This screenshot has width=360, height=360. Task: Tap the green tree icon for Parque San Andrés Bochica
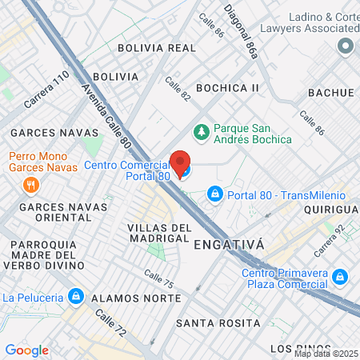click(x=202, y=130)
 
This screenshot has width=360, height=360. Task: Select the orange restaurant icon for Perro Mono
click(x=30, y=185)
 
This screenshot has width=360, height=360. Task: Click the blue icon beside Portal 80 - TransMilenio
click(x=214, y=194)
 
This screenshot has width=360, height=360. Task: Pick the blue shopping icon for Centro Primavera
click(x=341, y=277)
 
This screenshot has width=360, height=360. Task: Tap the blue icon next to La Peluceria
click(x=75, y=296)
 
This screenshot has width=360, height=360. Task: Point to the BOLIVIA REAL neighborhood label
click(x=156, y=48)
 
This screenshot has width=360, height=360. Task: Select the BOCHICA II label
click(x=228, y=87)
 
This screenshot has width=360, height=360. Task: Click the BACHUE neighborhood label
click(x=333, y=94)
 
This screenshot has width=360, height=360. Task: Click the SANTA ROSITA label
click(x=218, y=323)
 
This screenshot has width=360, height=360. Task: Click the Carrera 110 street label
click(x=46, y=91)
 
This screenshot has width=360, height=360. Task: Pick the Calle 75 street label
click(x=158, y=278)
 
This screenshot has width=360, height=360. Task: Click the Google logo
click(x=26, y=350)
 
